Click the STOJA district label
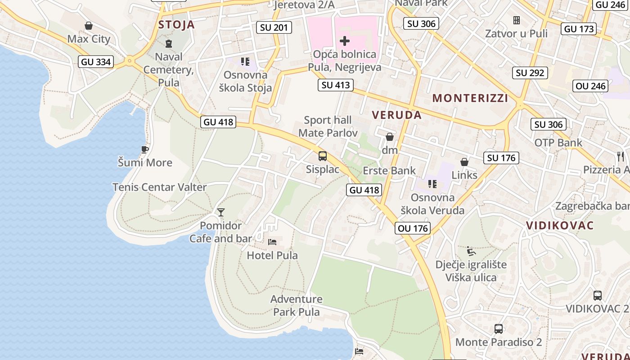[x=176, y=25]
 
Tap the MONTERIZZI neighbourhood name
[x=470, y=98]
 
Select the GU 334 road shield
[x=96, y=62]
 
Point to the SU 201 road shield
[x=274, y=27]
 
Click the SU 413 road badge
[x=336, y=85]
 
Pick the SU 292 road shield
[x=530, y=72]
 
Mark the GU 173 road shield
[x=579, y=29]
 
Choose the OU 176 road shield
[x=413, y=228]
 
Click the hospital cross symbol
[x=345, y=41]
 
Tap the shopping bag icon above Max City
[x=89, y=26]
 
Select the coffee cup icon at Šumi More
[x=144, y=149]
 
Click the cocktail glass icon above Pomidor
[x=220, y=212]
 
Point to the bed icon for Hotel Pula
[x=272, y=242]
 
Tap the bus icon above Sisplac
[x=323, y=156]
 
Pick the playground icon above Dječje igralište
[x=471, y=251]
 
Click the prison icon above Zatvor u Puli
[x=516, y=20]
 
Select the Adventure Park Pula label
[x=297, y=306]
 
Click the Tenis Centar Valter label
[x=159, y=187]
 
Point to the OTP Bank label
[x=558, y=143]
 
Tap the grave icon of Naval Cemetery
[x=169, y=44]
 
